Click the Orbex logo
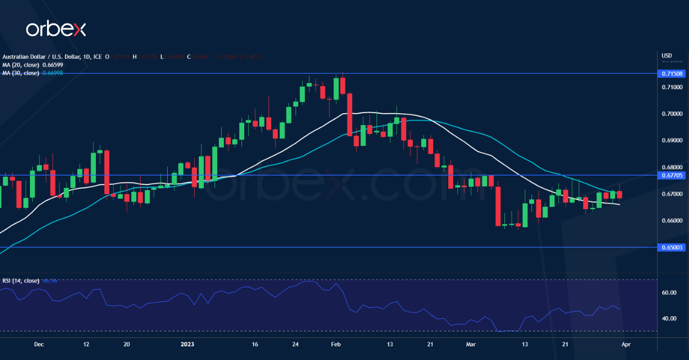coord(56,29)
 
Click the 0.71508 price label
coord(672,73)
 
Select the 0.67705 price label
coord(672,175)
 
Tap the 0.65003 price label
coord(672,247)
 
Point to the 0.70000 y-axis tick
coord(672,114)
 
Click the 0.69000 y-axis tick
coord(672,140)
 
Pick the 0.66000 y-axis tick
coord(672,220)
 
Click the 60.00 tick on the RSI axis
coord(668,293)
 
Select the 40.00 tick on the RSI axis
coord(668,319)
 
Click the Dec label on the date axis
coord(38,344)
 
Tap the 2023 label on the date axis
coord(188,344)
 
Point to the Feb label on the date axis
coord(336,344)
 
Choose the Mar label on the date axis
coord(471,344)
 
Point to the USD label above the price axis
coord(667,56)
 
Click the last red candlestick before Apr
coord(619,195)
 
